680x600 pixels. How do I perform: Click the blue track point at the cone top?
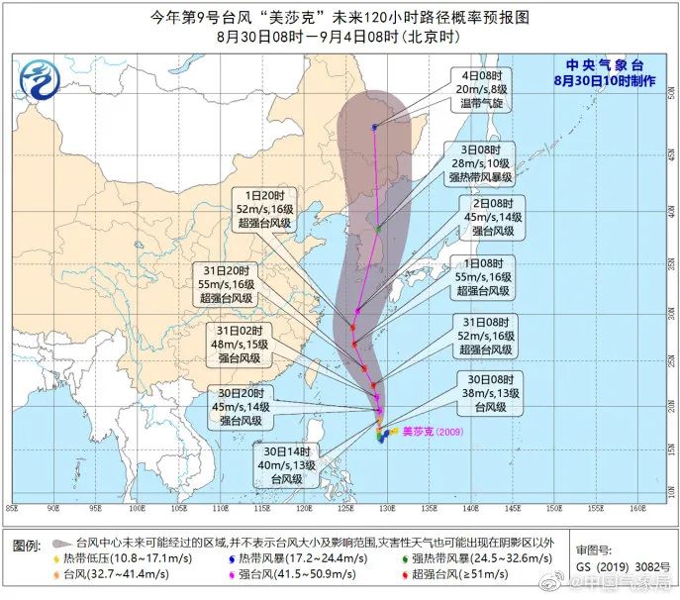coord(375,127)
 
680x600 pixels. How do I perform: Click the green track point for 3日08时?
coord(378,229)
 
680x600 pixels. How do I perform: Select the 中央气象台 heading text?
coord(605,65)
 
